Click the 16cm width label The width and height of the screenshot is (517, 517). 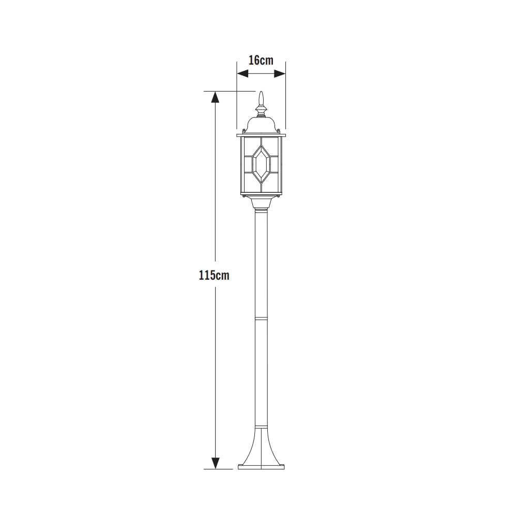tap(261, 60)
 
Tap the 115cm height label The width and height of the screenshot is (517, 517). tap(214, 275)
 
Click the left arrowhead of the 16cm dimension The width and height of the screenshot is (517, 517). tap(242, 73)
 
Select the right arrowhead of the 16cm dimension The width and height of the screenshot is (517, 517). tap(280, 73)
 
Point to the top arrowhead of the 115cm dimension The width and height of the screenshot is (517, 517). tap(215, 97)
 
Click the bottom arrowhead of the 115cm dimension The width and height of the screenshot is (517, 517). tap(215, 463)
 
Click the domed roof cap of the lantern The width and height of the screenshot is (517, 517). tap(261, 125)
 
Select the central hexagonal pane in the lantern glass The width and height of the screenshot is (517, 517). tap(261, 164)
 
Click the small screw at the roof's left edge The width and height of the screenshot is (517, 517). tap(244, 131)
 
